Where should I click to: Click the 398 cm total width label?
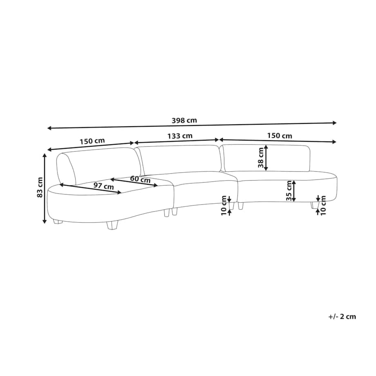(x=184, y=120)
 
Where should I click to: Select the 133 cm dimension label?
(x=180, y=136)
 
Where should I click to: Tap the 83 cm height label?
(x=40, y=187)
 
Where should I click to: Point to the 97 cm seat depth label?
(x=103, y=186)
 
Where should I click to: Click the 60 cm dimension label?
(x=140, y=179)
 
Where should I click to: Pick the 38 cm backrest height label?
(x=261, y=157)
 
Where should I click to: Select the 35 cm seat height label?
(x=289, y=190)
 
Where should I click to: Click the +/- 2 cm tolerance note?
(x=342, y=316)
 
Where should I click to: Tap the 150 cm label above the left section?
(x=92, y=141)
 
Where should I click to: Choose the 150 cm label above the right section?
(x=280, y=136)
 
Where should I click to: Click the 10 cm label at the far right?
(x=323, y=205)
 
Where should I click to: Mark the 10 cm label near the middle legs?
(x=224, y=206)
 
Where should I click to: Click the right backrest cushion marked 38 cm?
(x=265, y=158)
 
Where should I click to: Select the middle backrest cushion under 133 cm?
(x=179, y=160)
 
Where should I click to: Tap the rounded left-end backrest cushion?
(x=66, y=169)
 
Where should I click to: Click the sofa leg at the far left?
(x=58, y=222)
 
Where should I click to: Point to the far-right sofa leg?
(x=313, y=206)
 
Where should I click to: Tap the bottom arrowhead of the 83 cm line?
(x=45, y=221)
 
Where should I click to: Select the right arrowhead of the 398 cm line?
(x=334, y=123)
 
